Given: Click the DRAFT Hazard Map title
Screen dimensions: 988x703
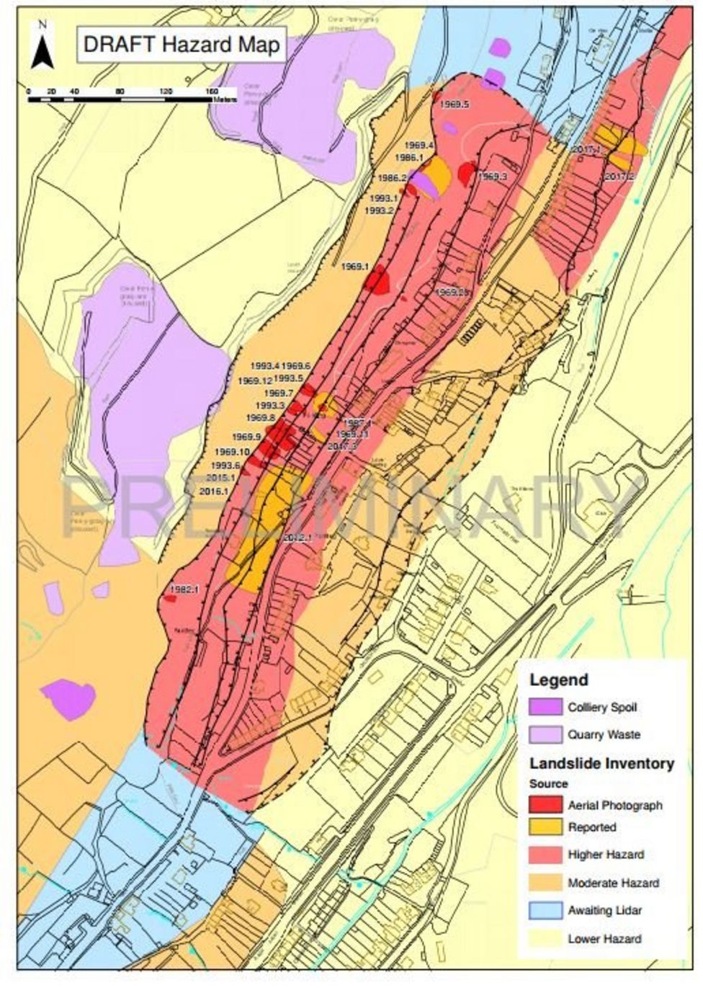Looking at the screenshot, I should (x=181, y=45).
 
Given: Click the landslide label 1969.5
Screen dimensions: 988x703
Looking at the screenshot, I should (x=455, y=104).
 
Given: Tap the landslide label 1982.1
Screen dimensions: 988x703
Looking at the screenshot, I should (x=183, y=589).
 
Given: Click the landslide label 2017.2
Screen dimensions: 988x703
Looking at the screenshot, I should (x=619, y=176).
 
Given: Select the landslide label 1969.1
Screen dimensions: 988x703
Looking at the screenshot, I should (x=354, y=267).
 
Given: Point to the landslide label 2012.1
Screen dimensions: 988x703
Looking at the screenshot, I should (x=297, y=537).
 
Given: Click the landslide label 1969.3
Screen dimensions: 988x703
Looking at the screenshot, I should (x=493, y=176).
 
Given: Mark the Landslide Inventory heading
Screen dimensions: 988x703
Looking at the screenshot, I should (x=601, y=763).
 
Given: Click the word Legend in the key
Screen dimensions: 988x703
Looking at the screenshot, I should (x=558, y=680).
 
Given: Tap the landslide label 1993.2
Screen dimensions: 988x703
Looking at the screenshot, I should (x=380, y=210).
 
